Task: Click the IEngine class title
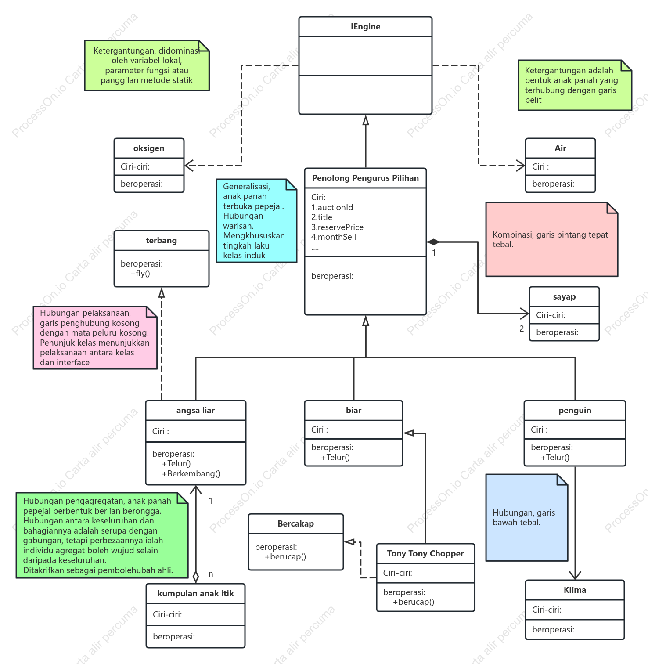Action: pos(365,27)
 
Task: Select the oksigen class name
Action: pos(149,148)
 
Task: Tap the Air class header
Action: pos(560,148)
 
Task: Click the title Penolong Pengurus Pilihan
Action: pos(365,178)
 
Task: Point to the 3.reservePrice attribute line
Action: pos(337,227)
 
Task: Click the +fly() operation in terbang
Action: pos(140,274)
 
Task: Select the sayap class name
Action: pos(564,297)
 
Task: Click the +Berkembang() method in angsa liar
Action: pos(191,473)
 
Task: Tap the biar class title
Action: pos(353,411)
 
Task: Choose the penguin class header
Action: pos(575,411)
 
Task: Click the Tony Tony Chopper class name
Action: pos(425,554)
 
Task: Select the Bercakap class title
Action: pos(295,524)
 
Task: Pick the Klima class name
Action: pos(575,590)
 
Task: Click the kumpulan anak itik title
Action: pos(195,594)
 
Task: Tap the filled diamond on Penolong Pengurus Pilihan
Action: pos(433,242)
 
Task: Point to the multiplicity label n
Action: pos(211,574)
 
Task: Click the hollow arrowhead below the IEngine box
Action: pos(366,120)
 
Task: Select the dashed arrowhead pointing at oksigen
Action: pos(189,166)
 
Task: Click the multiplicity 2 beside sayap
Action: pos(522,328)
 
